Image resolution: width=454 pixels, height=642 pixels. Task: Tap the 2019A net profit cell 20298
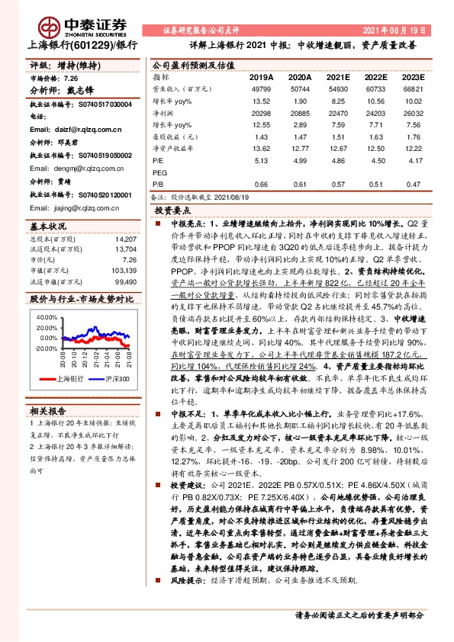[x=261, y=113]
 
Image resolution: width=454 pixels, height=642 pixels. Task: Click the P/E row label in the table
[x=159, y=161]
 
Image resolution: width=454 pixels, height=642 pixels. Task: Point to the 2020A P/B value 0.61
[x=300, y=184]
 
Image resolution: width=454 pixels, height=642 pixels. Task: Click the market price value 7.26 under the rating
[x=71, y=79]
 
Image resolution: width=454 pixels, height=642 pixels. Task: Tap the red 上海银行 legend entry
[x=69, y=379]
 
